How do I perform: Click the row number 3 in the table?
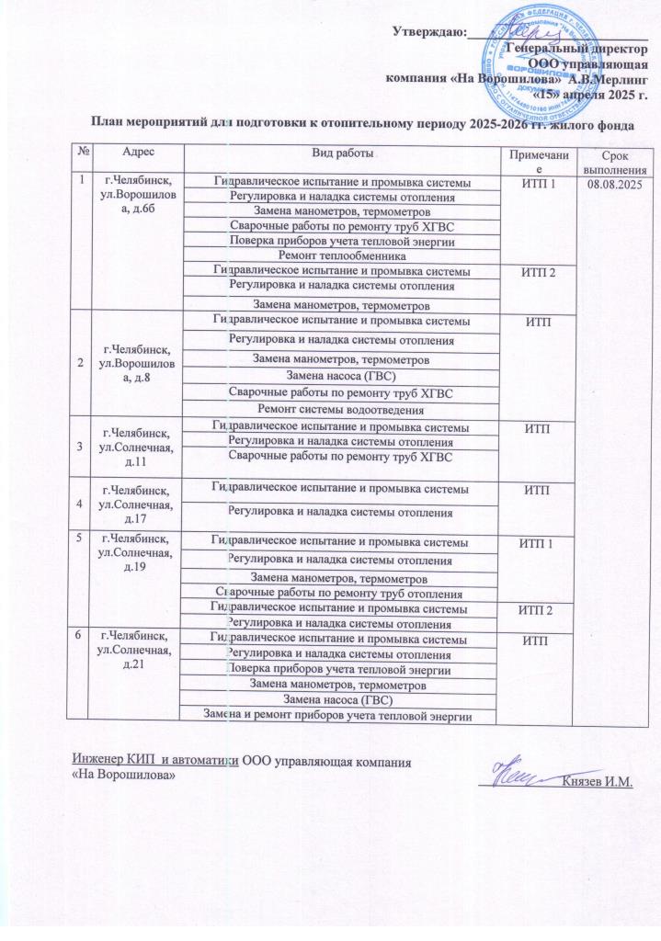tap(81, 438)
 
